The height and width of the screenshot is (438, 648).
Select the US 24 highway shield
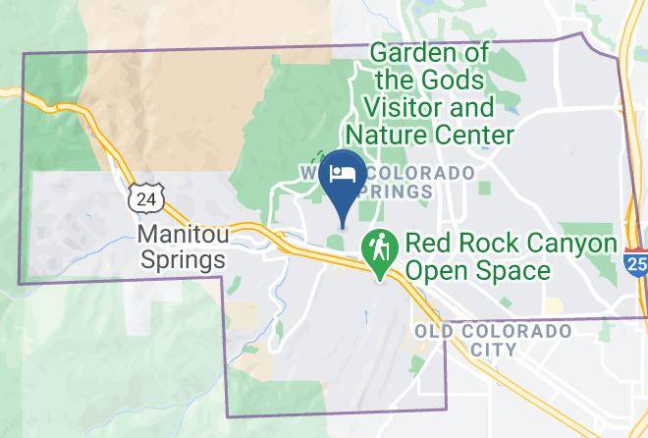pos(145,198)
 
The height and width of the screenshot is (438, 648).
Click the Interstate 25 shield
pos(635,260)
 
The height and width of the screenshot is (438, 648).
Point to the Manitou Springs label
pos(183,247)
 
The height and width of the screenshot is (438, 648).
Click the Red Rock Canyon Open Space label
pos(511,256)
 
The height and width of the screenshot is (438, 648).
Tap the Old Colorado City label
pos(493,340)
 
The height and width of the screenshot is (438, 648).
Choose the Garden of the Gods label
pos(429,65)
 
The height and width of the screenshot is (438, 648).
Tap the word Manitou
pos(183,236)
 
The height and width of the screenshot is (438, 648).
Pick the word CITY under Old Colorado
pos(493,350)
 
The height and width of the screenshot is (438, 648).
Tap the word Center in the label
pos(481,134)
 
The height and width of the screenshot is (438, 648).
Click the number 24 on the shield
pos(145,199)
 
